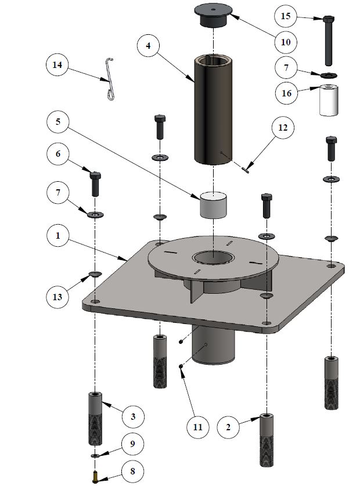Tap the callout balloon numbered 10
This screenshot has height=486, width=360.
287,42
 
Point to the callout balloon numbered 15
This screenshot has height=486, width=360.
286,16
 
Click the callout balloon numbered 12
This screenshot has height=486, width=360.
282,128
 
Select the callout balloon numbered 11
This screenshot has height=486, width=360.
198,428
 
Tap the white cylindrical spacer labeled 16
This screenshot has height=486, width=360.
328,101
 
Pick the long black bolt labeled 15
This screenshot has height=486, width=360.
329,41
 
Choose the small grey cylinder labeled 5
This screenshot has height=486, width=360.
214,206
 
